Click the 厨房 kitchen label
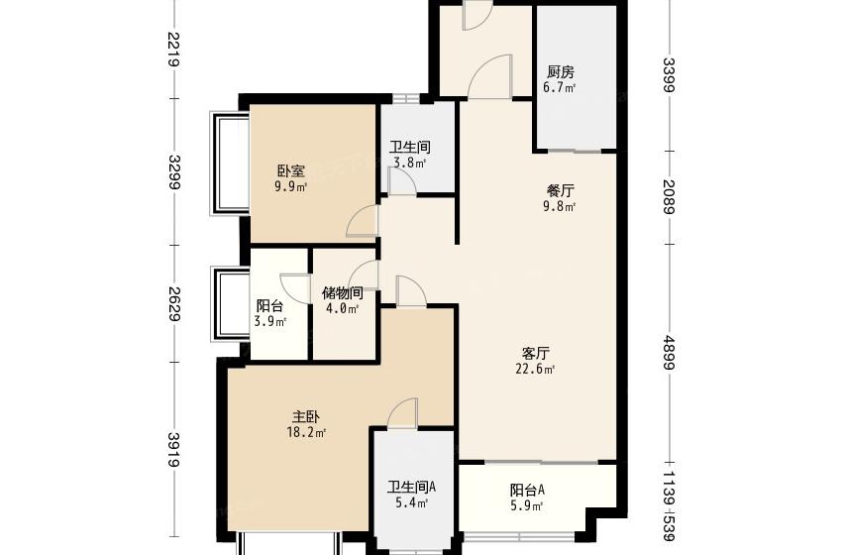[561, 71]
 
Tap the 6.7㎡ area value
[560, 87]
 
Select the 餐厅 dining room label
[561, 190]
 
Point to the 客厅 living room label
[536, 354]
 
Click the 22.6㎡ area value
[535, 370]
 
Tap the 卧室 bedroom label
[291, 171]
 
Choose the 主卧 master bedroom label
[306, 417]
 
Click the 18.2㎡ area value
[306, 432]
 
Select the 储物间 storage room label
[343, 293]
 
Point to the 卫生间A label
[412, 488]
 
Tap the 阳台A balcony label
[527, 491]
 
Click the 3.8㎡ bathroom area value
[410, 163]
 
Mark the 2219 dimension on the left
[172, 49]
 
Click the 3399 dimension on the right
[668, 74]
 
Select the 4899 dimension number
[669, 353]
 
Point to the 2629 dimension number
[172, 304]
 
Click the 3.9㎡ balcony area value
[270, 322]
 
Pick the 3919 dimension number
[172, 450]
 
